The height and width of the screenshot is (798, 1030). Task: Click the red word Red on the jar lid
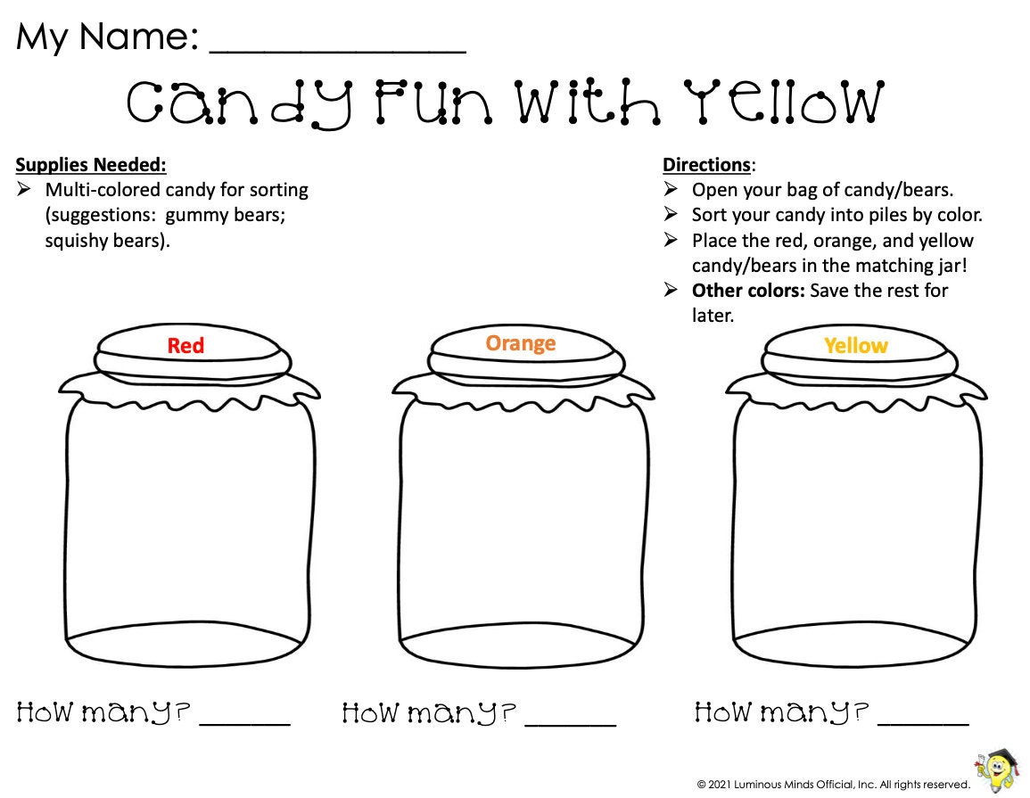pos(185,346)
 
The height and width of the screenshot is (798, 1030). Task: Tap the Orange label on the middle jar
pos(520,343)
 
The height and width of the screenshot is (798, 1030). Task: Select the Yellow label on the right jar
pos(855,346)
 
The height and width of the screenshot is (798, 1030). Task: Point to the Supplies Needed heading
pos(91,165)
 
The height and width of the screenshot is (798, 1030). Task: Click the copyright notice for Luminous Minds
pos(834,785)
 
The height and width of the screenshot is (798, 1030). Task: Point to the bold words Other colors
pos(747,291)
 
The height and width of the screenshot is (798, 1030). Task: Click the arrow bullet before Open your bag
pos(672,190)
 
